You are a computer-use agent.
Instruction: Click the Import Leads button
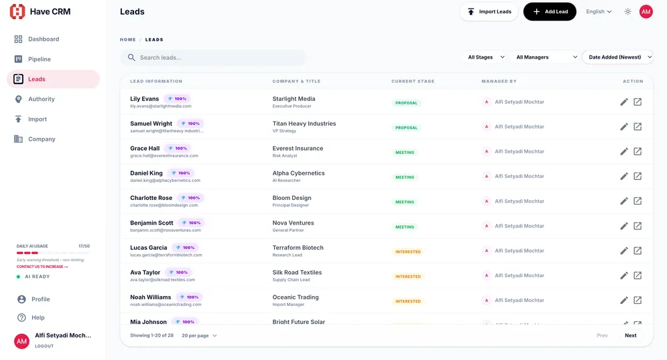(489, 12)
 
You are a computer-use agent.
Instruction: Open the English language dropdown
(598, 12)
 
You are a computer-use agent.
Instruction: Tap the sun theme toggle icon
(628, 12)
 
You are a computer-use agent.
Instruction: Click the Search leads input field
(213, 58)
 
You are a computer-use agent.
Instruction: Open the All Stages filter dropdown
(486, 57)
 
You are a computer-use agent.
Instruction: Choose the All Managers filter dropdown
(546, 57)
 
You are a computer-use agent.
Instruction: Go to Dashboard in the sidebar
(43, 39)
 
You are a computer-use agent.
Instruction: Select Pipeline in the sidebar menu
(39, 59)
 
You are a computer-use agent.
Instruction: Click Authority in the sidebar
(41, 99)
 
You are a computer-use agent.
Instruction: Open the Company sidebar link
(41, 139)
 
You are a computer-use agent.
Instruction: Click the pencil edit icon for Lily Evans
(624, 102)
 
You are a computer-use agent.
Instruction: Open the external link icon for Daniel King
(638, 177)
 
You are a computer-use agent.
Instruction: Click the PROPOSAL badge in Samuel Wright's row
(406, 128)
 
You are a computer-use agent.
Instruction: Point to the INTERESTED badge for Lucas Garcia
(408, 252)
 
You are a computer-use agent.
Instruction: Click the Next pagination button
(630, 336)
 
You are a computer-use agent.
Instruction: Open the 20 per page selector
(199, 336)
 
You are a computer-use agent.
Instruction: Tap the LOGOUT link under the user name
(44, 347)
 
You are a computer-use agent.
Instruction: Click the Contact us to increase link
(42, 267)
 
